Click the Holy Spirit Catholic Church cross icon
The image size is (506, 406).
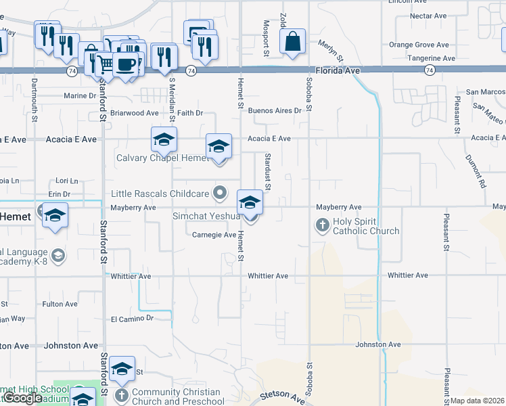point(323,224)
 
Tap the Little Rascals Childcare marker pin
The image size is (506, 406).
point(219,194)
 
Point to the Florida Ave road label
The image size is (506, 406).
point(338,70)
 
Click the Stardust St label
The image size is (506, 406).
point(268,171)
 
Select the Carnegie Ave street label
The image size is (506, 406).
point(214,235)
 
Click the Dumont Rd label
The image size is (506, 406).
point(476,171)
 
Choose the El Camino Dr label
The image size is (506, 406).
point(133,318)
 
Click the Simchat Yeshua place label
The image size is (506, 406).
point(207,215)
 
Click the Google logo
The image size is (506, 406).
point(23,398)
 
